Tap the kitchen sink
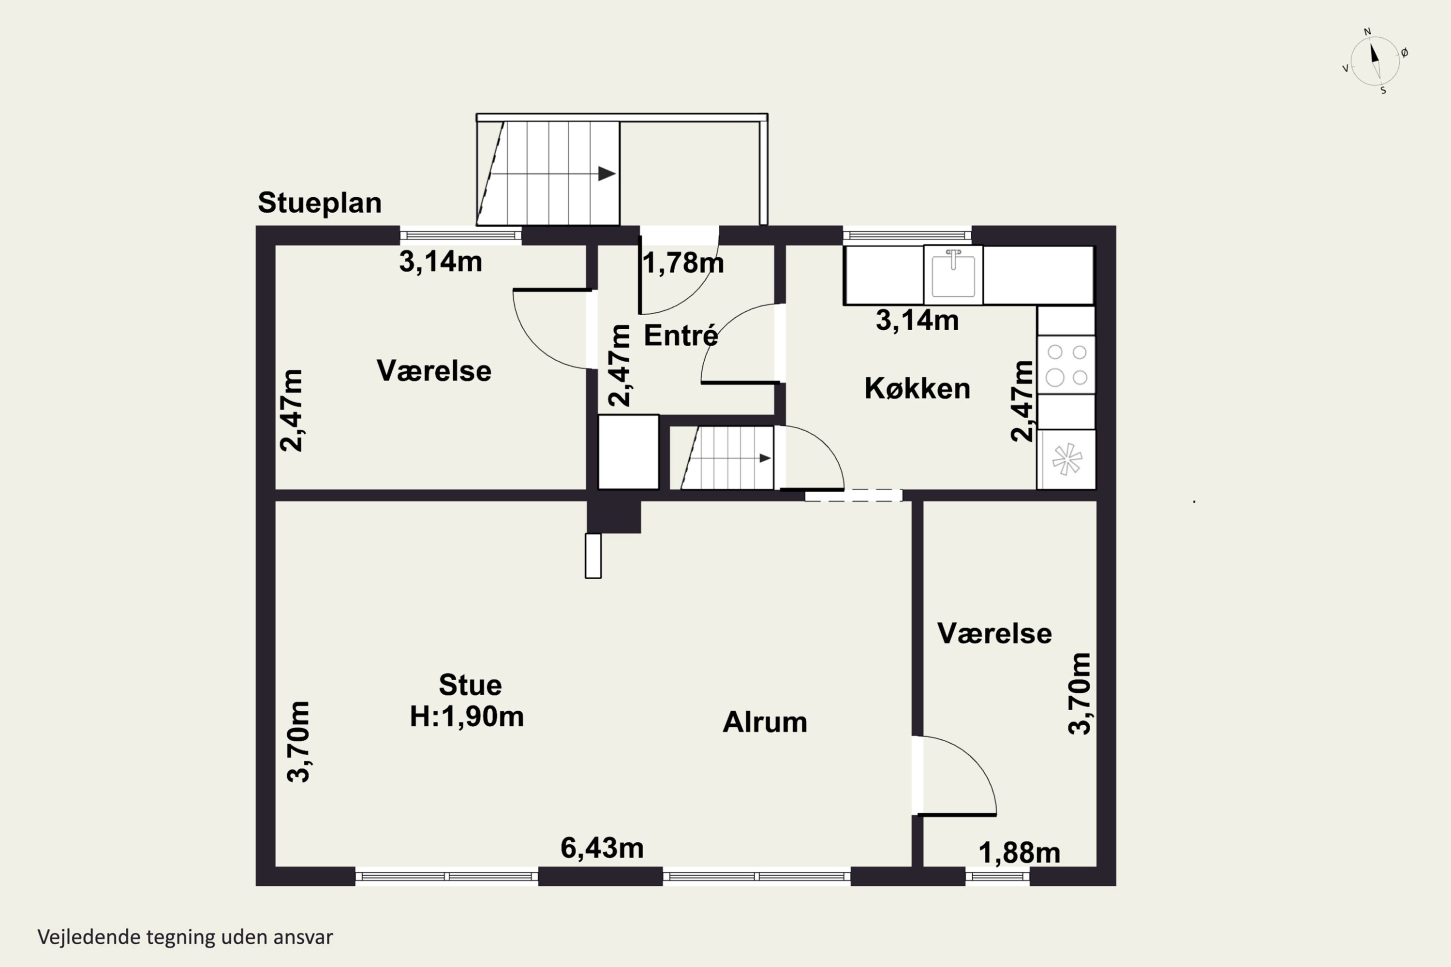953,275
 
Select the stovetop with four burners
1066,365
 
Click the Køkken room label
918,389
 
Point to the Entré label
681,336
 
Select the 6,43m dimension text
602,848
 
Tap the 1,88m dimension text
1019,853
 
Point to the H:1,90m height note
467,717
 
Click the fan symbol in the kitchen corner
1066,459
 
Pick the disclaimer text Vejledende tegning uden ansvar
185,938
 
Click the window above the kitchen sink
907,235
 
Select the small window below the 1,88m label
997,876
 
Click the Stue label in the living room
470,685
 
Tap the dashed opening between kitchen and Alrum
854,495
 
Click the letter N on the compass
1367,31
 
